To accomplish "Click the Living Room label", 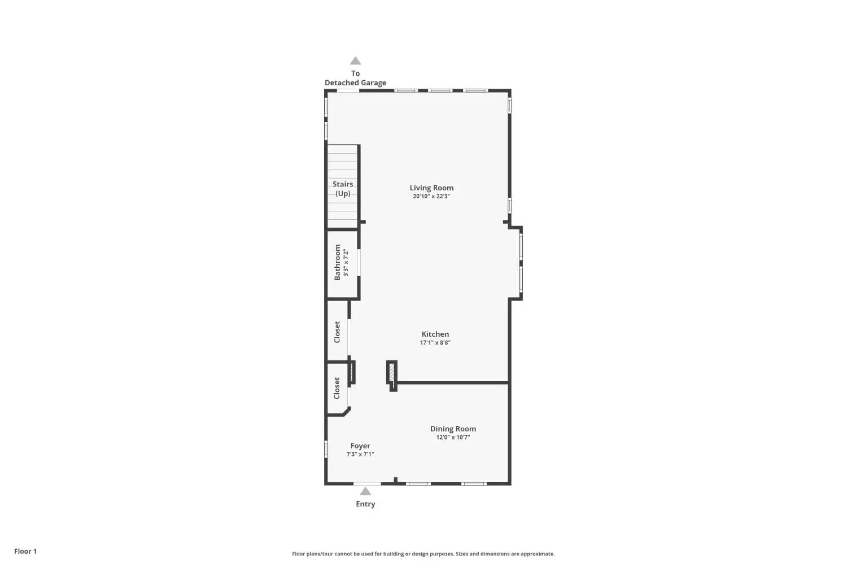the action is click(x=431, y=188).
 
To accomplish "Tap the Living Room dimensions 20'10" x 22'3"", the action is click(x=431, y=196).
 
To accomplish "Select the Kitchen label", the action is click(x=435, y=334).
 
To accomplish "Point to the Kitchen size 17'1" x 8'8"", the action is click(x=435, y=342).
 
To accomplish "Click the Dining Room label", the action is click(x=453, y=429).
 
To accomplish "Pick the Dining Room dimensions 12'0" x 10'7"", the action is click(x=453, y=437).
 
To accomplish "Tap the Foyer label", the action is click(x=360, y=446).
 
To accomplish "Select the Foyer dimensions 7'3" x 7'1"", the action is click(x=360, y=454).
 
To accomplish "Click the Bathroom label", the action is click(x=337, y=262).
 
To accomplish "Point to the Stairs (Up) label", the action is click(x=343, y=189).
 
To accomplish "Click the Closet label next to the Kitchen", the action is click(x=337, y=332).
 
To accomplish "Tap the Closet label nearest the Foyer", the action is click(x=337, y=388).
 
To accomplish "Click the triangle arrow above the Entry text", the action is click(x=365, y=491).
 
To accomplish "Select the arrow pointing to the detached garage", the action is click(x=355, y=60).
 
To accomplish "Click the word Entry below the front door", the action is click(x=365, y=504).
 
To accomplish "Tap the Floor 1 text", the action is click(x=25, y=551).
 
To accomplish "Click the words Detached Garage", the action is click(x=355, y=83).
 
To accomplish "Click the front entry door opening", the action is click(x=367, y=484).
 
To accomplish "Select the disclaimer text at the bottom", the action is click(x=423, y=554).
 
